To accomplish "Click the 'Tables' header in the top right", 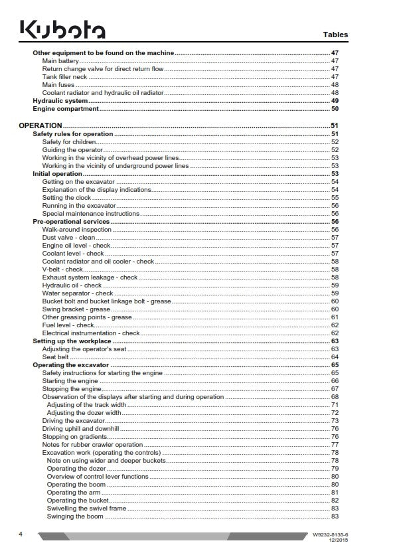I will pos(335,35).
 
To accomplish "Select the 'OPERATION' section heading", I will pos(40,125).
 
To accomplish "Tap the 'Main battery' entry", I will pos(60,60).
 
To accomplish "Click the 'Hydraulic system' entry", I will pos(60,100).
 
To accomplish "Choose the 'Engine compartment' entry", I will pos(66,108).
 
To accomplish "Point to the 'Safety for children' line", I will pos(69,142).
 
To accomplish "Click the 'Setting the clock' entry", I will pos(67,198).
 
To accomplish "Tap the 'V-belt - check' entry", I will pos(63,270).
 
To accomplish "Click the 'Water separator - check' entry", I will pos(78,293).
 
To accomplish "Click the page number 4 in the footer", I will pos(21,534).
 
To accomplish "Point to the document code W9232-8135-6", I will pos(329,534).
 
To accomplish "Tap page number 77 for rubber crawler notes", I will pos(335,445).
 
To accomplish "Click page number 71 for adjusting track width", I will pos(335,405).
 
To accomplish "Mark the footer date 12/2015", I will pos(337,540).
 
